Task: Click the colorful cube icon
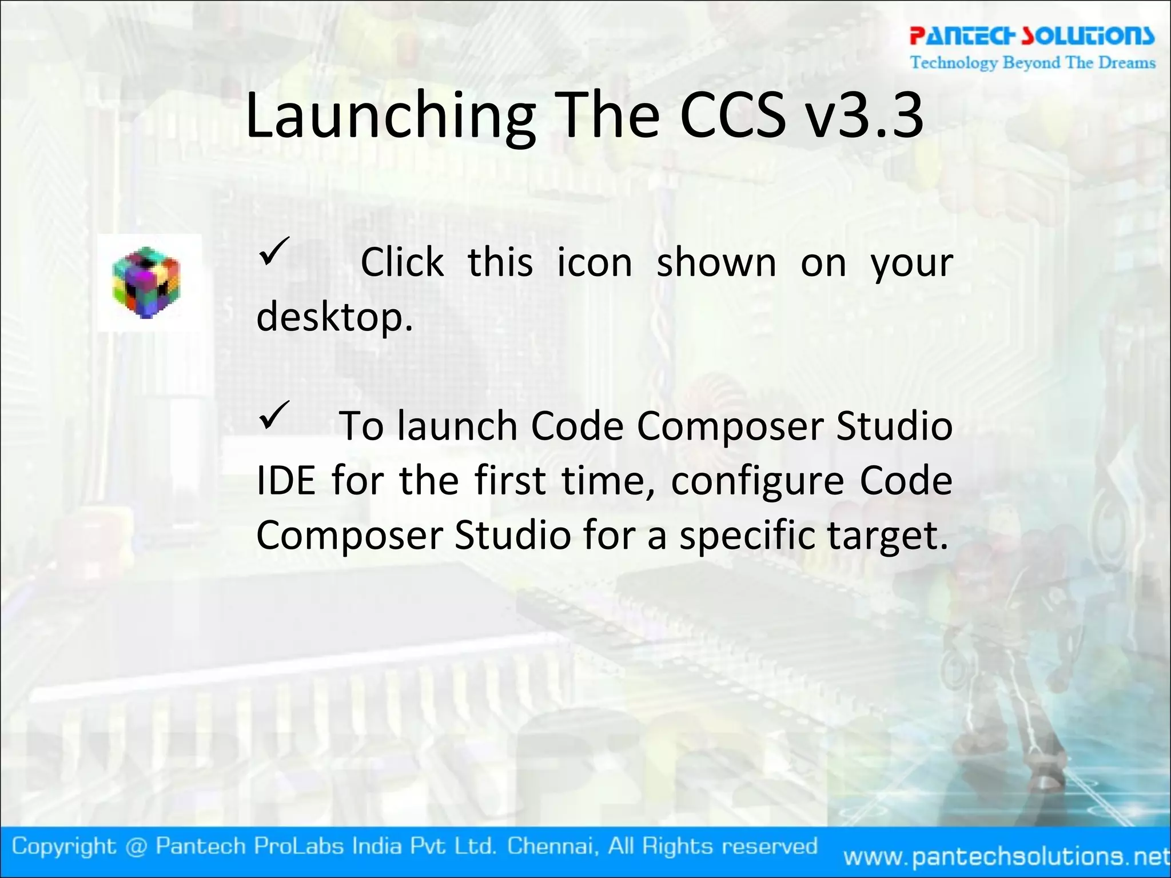[146, 282]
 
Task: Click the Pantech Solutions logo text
[1032, 36]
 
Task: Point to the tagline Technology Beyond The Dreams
[1033, 62]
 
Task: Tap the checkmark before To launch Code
[274, 416]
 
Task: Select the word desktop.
[334, 317]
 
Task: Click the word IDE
[286, 481]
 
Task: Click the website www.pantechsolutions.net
[1006, 856]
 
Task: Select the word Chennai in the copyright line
[553, 846]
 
